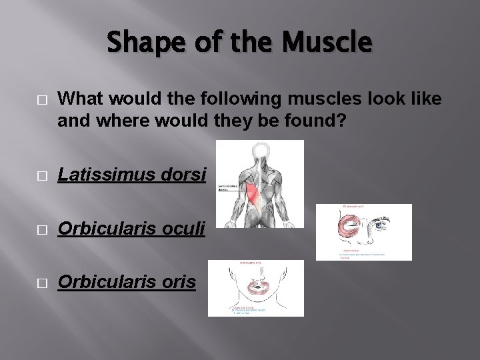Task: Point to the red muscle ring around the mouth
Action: pyautogui.click(x=255, y=287)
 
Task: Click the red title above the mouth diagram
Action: pyautogui.click(x=250, y=264)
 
